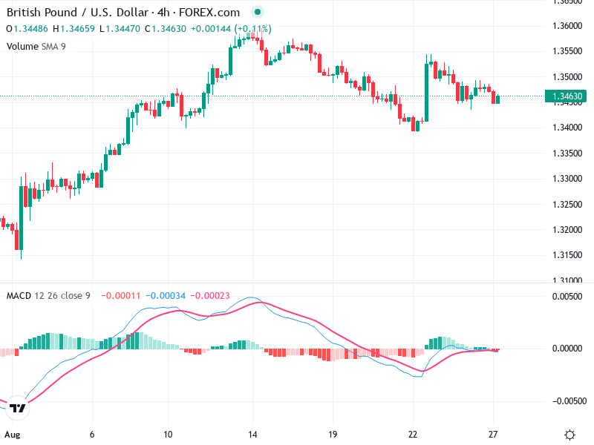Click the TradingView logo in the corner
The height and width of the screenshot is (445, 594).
(19, 407)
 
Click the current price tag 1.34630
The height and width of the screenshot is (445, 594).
(568, 96)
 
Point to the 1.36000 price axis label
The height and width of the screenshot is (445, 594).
(568, 26)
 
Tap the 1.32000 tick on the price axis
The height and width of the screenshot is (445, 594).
(568, 230)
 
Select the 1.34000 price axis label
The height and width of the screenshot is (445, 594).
(568, 128)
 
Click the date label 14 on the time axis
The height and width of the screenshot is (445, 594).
(252, 435)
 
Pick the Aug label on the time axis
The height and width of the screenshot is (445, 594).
(11, 435)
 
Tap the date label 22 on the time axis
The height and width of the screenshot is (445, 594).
(413, 435)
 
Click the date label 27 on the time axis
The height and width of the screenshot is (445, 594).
(493, 435)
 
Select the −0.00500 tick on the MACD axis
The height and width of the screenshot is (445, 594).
(567, 400)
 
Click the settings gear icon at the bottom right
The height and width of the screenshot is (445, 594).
(569, 435)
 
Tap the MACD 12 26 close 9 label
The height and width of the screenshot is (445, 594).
(48, 296)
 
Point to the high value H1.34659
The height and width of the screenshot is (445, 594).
(80, 29)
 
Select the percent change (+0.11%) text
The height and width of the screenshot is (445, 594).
(253, 29)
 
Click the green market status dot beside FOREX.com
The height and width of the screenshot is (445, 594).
(258, 13)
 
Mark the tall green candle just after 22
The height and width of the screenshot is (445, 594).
(427, 92)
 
